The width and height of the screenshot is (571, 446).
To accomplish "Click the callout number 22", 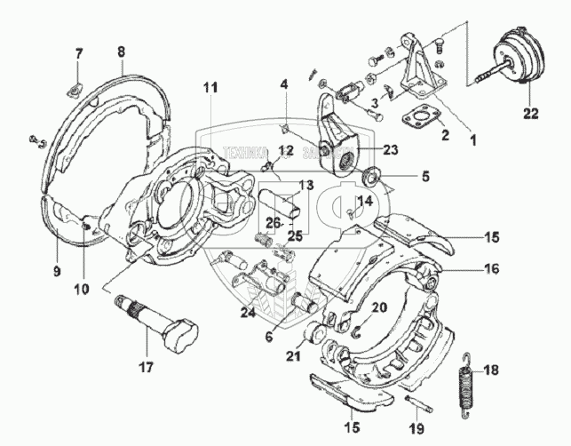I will tap(530, 112).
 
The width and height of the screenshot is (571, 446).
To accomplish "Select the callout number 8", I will tap(122, 52).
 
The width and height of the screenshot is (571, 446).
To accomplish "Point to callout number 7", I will tap(77, 54).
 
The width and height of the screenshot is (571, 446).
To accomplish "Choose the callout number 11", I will tap(209, 86).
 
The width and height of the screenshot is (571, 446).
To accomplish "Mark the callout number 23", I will tap(391, 150).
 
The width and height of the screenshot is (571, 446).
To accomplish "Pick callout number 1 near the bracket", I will tap(472, 139).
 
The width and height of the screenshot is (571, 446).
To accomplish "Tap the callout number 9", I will tap(57, 271).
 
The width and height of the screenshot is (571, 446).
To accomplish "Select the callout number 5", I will tap(424, 177).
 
